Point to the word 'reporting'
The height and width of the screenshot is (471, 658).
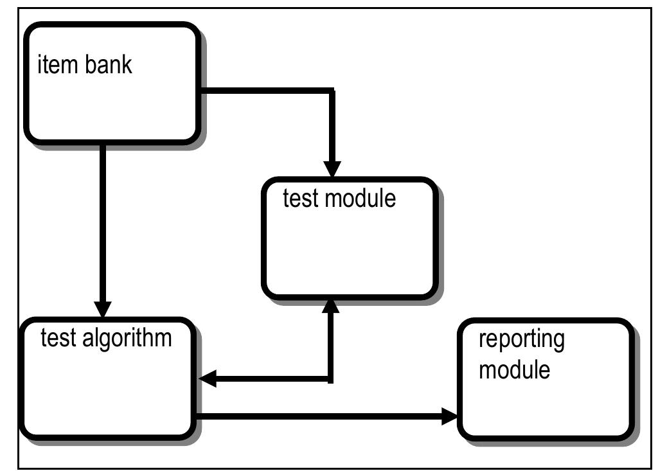click(522, 340)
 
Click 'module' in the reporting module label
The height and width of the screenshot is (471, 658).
click(514, 369)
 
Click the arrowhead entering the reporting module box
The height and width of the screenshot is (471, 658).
click(450, 416)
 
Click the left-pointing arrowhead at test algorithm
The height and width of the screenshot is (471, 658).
click(208, 379)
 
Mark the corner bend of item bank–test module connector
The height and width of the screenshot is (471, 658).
click(331, 91)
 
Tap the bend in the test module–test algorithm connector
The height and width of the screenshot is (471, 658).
click(331, 379)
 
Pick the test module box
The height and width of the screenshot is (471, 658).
click(350, 238)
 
